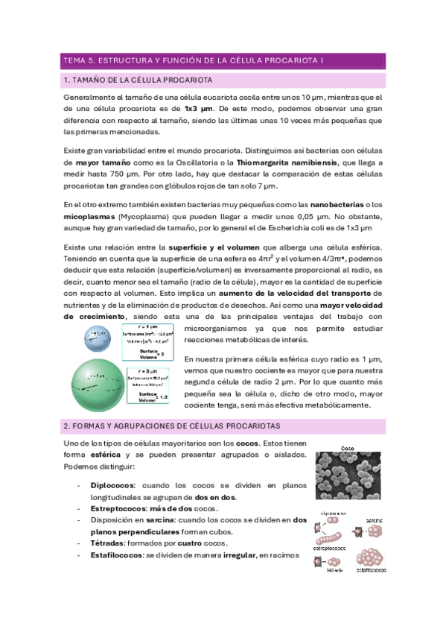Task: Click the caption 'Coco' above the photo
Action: (348, 449)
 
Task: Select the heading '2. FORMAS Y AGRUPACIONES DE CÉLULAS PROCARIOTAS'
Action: (171, 426)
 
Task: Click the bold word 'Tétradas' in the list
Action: (109, 543)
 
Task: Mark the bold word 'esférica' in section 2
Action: (109, 455)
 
